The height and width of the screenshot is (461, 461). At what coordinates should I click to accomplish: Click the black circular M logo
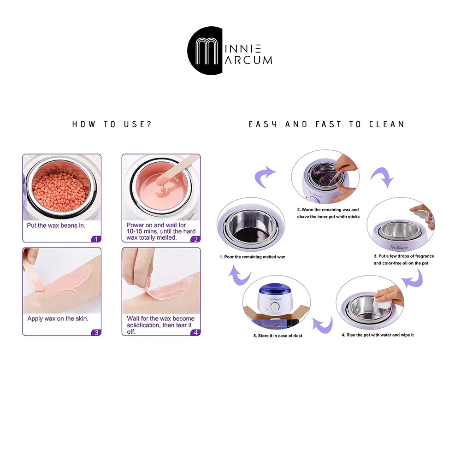[205, 51]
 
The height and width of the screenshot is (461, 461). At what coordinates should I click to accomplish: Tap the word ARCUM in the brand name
[248, 60]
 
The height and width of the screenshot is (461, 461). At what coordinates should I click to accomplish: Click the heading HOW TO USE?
[112, 124]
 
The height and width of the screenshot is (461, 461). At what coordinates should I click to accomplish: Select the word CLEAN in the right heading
[387, 124]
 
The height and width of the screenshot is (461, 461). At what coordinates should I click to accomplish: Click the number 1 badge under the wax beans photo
[96, 239]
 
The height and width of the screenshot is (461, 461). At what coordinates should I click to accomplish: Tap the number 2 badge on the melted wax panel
[195, 239]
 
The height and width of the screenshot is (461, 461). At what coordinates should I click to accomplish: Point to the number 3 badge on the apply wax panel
[96, 332]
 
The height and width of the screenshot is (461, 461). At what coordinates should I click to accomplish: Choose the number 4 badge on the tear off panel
[195, 332]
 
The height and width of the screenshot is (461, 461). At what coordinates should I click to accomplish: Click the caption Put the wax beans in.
[56, 225]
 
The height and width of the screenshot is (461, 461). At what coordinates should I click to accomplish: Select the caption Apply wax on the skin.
[58, 319]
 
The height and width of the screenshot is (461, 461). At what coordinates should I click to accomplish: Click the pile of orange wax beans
[61, 192]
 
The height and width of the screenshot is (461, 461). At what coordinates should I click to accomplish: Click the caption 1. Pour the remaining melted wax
[252, 257]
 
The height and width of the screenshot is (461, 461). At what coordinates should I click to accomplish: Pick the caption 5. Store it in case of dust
[278, 336]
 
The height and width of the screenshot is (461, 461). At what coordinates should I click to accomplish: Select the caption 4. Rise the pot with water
[378, 335]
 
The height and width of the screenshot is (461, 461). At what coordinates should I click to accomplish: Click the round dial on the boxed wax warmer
[275, 307]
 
